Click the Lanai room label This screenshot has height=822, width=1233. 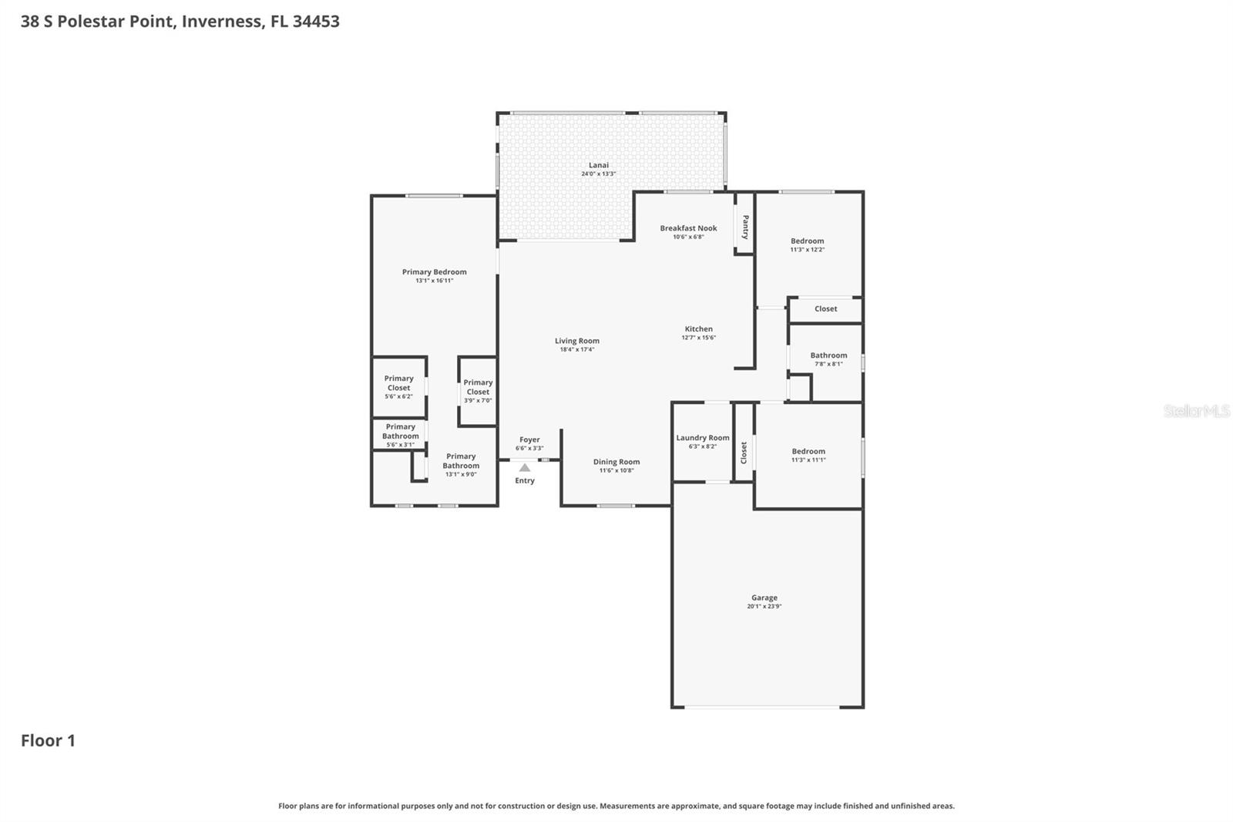599,165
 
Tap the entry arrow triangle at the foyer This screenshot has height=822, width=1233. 525,467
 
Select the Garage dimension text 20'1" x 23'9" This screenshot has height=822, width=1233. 764,607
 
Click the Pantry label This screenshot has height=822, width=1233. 745,227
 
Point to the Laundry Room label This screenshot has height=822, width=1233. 703,438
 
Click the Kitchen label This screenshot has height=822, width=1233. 699,329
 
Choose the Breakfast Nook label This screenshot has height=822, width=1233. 688,228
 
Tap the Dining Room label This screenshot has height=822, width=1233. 616,462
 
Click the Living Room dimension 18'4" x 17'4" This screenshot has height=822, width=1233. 577,350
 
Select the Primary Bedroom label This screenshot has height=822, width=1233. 434,272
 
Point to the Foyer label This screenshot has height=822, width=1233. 529,440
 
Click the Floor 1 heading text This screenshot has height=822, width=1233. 48,741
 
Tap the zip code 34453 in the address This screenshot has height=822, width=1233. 316,22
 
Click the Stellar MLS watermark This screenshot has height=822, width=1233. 1196,411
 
